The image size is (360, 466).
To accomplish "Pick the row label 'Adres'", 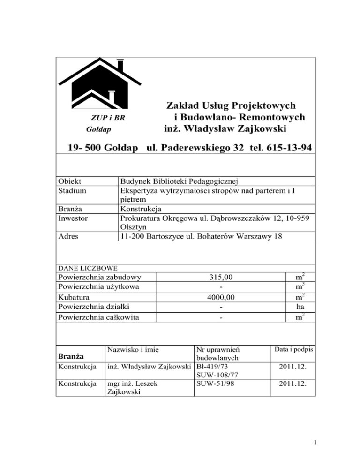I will coord(67,236).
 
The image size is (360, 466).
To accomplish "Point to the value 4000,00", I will coord(221,297).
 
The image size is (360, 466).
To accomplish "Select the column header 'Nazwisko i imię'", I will coord(134,349).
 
